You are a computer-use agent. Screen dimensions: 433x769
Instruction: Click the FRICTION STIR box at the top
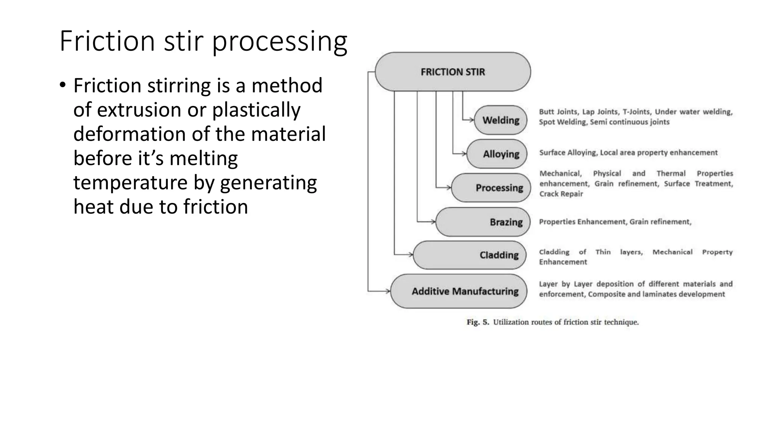pos(452,72)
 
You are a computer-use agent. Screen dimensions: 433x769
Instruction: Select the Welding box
pos(501,120)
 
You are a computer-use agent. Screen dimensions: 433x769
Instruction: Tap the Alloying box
pos(497,154)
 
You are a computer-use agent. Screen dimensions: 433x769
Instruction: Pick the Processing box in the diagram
pos(491,188)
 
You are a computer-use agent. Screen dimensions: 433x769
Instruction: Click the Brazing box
pos(483,222)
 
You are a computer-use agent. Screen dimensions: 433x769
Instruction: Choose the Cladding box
pos(470,255)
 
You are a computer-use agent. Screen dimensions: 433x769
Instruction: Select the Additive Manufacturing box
pos(459,291)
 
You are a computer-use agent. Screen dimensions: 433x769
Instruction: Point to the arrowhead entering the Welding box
pos(472,120)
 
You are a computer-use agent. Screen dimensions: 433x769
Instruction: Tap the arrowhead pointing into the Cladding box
pos(410,255)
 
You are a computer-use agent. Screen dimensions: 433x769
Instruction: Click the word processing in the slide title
pos(280,41)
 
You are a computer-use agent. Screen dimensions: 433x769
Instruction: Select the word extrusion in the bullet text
pos(139,110)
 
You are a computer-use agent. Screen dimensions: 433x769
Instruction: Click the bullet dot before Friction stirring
pos(62,86)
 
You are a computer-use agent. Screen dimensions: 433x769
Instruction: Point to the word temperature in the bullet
pos(130,183)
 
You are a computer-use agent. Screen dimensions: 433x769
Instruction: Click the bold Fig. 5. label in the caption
pos(478,322)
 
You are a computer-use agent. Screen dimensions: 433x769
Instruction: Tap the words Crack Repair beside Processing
pos(561,194)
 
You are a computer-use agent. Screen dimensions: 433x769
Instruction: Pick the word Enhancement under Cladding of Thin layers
pos(563,262)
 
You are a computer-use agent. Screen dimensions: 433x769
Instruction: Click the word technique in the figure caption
pos(621,322)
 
